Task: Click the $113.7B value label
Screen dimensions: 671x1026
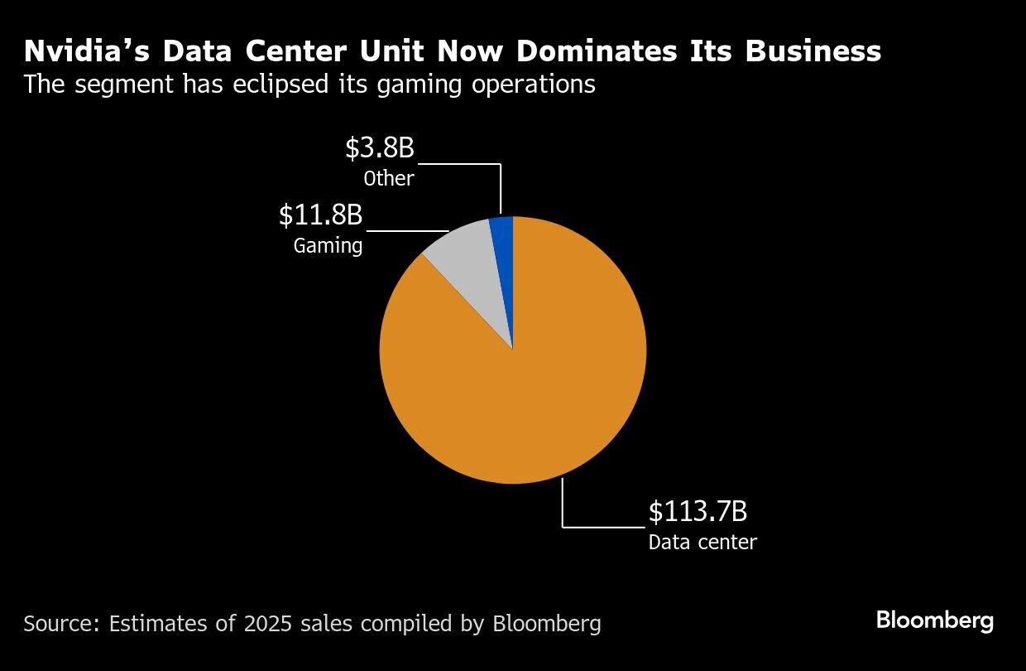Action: (x=698, y=512)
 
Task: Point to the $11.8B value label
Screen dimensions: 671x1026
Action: (x=320, y=215)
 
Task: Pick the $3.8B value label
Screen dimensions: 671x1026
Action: (x=379, y=148)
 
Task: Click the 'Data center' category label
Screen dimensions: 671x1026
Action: (x=702, y=543)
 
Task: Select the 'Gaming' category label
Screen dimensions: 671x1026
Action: (x=328, y=246)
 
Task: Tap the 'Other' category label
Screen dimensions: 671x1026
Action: (x=388, y=178)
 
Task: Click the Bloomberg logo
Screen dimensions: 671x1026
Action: (x=935, y=620)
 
